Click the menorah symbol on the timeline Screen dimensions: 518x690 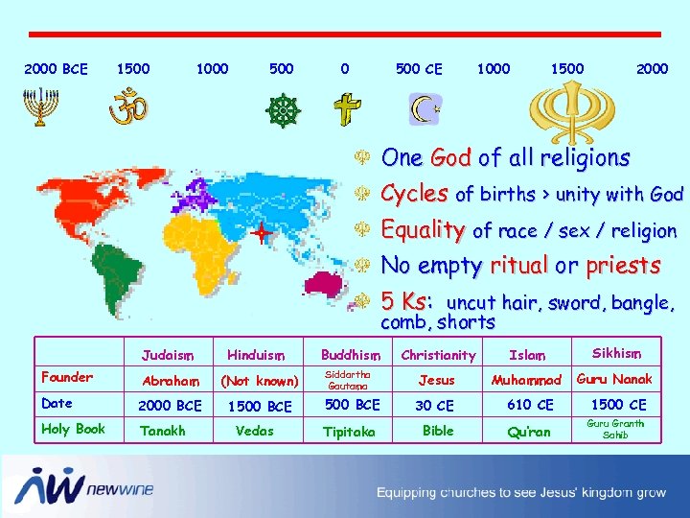click(37, 107)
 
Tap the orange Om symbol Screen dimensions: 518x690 click(127, 106)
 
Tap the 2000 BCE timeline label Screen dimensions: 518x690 click(56, 69)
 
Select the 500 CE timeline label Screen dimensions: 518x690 click(419, 69)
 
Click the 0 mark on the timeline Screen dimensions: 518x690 click(344, 69)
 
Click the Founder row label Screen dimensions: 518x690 click(67, 377)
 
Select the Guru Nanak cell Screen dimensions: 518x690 click(613, 379)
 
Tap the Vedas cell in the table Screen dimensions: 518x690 click(255, 431)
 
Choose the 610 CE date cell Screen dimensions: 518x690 click(530, 405)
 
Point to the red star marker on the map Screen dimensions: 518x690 click(260, 233)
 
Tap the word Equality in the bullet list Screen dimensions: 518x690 click(423, 230)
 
